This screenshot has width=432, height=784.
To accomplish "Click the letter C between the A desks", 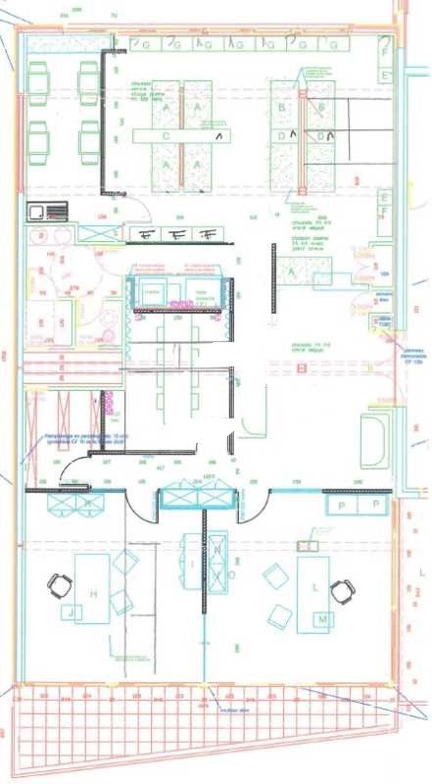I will (x=167, y=136).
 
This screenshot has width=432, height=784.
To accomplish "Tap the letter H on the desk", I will (x=94, y=595).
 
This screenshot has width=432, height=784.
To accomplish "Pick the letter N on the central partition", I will (x=216, y=551).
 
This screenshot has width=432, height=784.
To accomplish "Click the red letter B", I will (x=303, y=368).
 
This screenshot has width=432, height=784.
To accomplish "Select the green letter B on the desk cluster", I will (x=281, y=107).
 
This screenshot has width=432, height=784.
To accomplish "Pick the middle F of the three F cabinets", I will (x=178, y=234).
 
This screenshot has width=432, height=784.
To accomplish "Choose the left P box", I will (x=341, y=504).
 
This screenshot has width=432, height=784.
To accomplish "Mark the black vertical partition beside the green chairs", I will (x=103, y=107).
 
